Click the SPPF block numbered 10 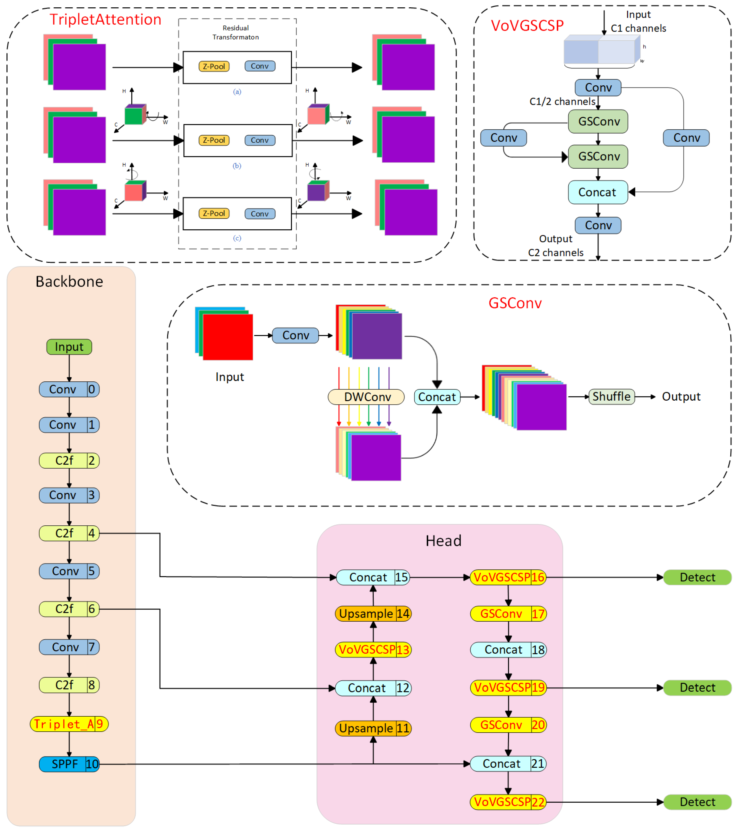click(x=69, y=764)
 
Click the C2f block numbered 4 click(x=69, y=533)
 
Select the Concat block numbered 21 click(x=508, y=764)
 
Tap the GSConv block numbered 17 click(x=508, y=613)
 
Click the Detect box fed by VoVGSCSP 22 click(x=697, y=802)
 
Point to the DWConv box click(x=366, y=397)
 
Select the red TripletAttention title click(x=105, y=19)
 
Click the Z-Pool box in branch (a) click(x=214, y=66)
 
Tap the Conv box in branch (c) click(x=260, y=214)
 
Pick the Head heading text click(x=443, y=541)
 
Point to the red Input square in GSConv click(x=228, y=337)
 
